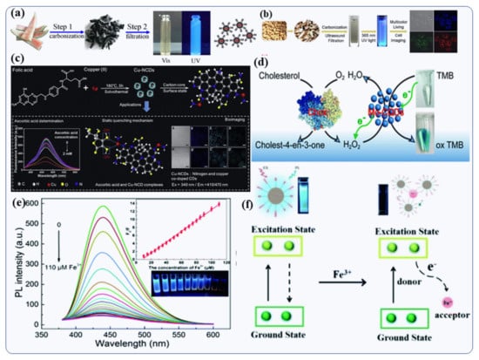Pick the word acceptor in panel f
[x=451, y=312]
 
